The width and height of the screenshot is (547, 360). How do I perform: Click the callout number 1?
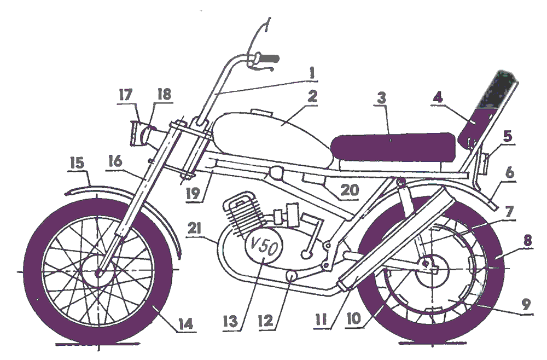click(x=311, y=72)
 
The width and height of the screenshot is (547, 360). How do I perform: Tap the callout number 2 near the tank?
click(x=312, y=97)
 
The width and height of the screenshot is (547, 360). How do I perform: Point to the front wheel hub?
click(x=99, y=271)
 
